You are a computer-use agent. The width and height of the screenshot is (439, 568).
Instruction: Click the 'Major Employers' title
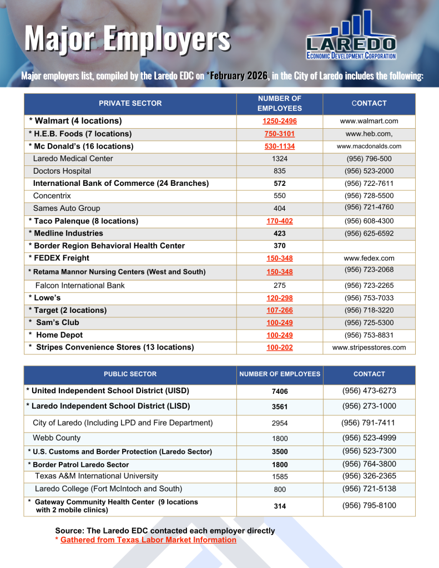tap(127, 39)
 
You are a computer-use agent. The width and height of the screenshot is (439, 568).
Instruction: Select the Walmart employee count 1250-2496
tap(279, 121)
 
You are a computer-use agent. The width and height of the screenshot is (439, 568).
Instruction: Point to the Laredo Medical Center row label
tap(73, 159)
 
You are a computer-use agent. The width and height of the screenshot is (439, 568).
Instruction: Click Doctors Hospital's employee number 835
tap(280, 171)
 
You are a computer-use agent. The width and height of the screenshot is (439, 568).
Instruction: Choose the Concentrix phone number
tap(369, 196)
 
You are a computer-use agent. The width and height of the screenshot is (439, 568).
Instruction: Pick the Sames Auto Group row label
tap(67, 209)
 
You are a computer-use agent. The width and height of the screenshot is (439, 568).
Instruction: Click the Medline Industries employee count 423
tap(280, 234)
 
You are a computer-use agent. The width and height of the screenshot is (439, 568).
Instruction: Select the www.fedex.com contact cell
tap(369, 258)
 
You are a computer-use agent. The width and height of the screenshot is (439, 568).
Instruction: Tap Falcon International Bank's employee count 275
tap(280, 286)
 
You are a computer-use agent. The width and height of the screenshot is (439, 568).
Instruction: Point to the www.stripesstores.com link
tap(369, 348)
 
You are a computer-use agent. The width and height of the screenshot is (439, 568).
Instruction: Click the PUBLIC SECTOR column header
tap(130, 374)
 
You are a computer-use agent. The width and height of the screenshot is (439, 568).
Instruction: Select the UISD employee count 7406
tap(280, 392)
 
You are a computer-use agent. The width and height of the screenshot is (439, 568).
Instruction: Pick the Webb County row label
tap(57, 438)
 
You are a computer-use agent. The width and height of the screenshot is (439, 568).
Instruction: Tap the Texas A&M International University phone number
tap(369, 476)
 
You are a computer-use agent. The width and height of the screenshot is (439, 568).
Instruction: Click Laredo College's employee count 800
tap(280, 490)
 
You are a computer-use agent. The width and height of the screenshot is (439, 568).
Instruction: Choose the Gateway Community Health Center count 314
tap(280, 506)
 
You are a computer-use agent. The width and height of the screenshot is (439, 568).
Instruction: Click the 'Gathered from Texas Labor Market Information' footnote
tap(148, 540)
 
